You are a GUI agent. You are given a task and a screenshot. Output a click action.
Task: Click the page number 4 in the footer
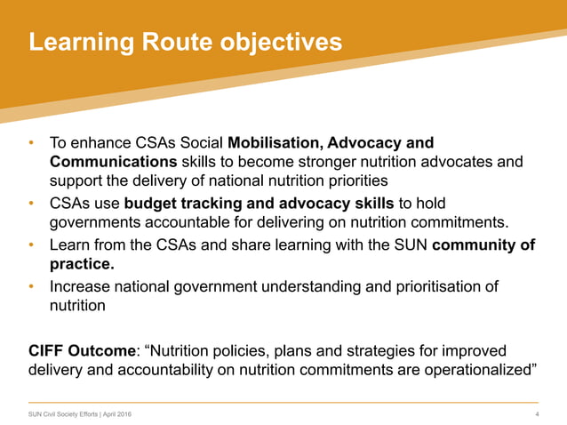(x=537, y=415)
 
